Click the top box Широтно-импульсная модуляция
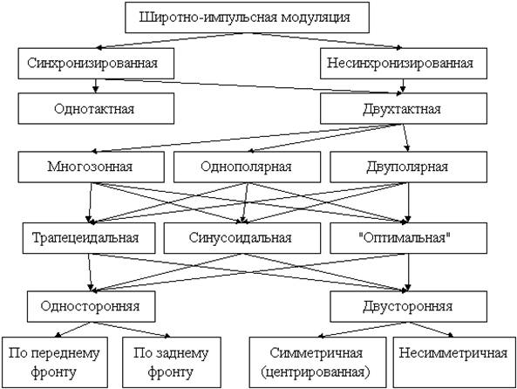click(x=247, y=17)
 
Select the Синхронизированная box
click(x=96, y=64)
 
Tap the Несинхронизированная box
click(x=404, y=64)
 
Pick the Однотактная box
click(x=96, y=108)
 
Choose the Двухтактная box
click(x=404, y=108)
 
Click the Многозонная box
click(x=91, y=167)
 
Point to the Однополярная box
click(x=247, y=167)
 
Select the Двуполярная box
click(x=409, y=167)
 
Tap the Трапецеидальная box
click(x=89, y=238)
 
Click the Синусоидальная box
click(x=242, y=238)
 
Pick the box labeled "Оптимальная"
click(x=409, y=238)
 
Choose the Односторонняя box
click(x=91, y=306)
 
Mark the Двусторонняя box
click(x=409, y=306)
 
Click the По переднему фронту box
click(x=55, y=362)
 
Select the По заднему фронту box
click(x=172, y=362)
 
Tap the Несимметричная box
click(x=454, y=362)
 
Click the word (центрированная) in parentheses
click(x=316, y=372)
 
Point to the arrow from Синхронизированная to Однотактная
click(x=96, y=85)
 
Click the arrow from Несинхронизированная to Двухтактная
click(x=403, y=85)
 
